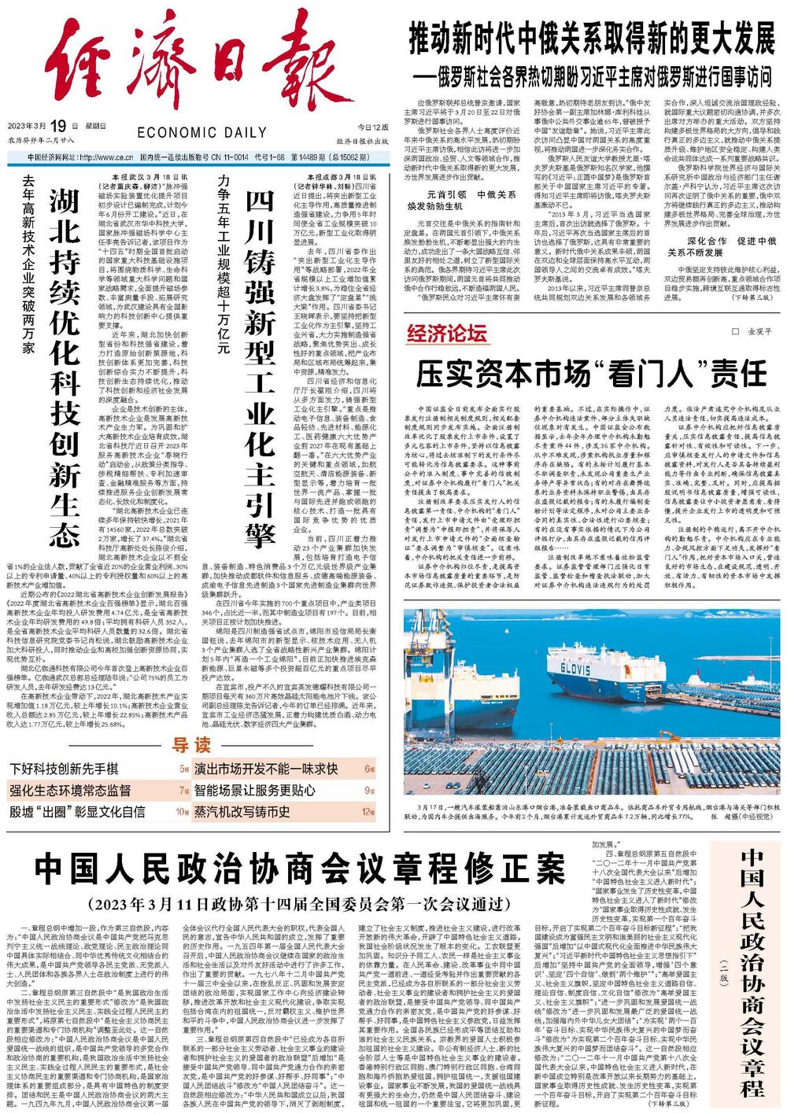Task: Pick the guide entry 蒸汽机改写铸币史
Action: [243, 812]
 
